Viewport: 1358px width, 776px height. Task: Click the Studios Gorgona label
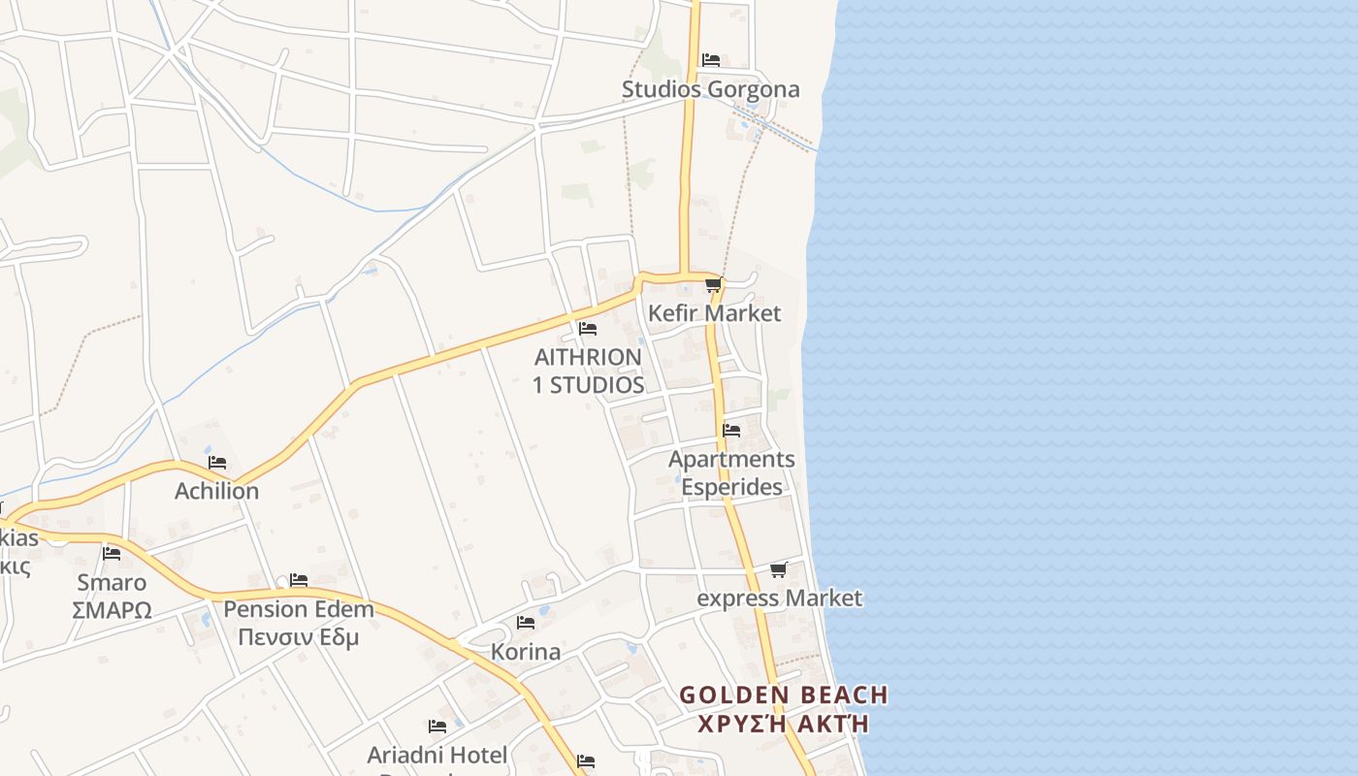pyautogui.click(x=710, y=89)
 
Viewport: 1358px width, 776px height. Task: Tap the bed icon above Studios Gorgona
pyautogui.click(x=710, y=60)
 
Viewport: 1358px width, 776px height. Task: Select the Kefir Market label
pyautogui.click(x=714, y=313)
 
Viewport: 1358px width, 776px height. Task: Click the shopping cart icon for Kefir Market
pyautogui.click(x=714, y=285)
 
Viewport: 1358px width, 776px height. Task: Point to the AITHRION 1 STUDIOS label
pyautogui.click(x=588, y=371)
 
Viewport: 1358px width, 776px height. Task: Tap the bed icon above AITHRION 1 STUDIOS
pyautogui.click(x=587, y=329)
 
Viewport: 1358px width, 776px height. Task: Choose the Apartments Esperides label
pyautogui.click(x=731, y=472)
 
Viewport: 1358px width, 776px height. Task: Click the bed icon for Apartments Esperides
pyautogui.click(x=731, y=431)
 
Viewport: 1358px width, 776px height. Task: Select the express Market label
pyautogui.click(x=779, y=598)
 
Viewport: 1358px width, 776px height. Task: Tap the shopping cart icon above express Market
pyautogui.click(x=778, y=569)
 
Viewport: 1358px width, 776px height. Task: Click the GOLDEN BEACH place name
pyautogui.click(x=783, y=695)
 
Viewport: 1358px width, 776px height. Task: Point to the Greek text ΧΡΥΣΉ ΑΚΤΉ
pyautogui.click(x=783, y=724)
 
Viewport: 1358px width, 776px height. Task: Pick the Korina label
pyautogui.click(x=526, y=651)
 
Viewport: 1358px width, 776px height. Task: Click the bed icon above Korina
pyautogui.click(x=526, y=623)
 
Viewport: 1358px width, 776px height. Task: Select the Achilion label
pyautogui.click(x=216, y=491)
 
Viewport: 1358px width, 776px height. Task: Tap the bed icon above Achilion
pyautogui.click(x=216, y=463)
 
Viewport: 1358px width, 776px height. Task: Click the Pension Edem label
pyautogui.click(x=299, y=609)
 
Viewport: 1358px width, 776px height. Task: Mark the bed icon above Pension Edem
pyautogui.click(x=299, y=580)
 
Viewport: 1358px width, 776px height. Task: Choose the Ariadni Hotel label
pyautogui.click(x=436, y=754)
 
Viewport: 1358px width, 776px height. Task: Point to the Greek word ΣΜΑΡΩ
pyautogui.click(x=112, y=610)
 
